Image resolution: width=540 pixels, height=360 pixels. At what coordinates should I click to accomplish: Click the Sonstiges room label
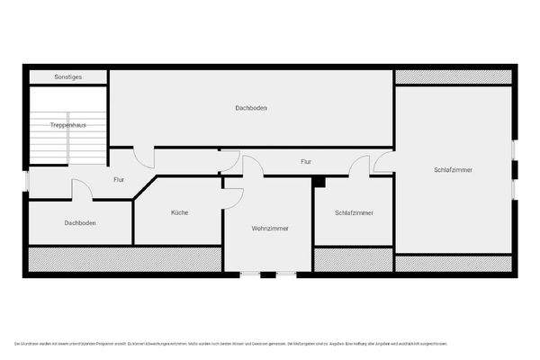click(x=67, y=77)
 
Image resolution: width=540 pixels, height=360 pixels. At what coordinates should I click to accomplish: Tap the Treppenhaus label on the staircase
click(x=67, y=124)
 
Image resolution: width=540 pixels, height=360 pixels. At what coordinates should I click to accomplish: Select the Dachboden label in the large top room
click(x=251, y=108)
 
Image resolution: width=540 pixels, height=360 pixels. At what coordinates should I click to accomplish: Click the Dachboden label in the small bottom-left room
click(x=80, y=222)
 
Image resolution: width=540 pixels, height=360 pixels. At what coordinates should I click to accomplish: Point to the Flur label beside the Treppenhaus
click(x=118, y=180)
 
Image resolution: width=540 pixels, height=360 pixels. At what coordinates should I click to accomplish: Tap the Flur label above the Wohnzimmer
click(x=306, y=162)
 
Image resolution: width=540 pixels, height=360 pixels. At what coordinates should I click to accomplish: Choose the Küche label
click(x=179, y=213)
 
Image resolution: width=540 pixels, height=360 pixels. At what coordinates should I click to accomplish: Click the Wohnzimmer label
click(x=270, y=229)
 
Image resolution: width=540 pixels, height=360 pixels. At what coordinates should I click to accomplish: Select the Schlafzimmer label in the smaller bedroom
click(x=354, y=213)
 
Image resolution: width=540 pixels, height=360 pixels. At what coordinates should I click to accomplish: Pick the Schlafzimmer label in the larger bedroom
click(x=453, y=169)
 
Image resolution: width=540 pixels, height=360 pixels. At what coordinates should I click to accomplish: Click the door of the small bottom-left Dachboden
click(x=82, y=190)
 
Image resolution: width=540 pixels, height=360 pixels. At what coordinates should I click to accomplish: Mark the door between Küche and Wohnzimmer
click(x=232, y=197)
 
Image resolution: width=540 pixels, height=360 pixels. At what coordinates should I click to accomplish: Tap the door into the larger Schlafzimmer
click(x=384, y=163)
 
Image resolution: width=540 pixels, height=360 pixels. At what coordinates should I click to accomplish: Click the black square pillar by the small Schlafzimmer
click(x=318, y=181)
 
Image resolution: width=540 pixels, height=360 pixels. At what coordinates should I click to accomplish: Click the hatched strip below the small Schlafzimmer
click(x=354, y=259)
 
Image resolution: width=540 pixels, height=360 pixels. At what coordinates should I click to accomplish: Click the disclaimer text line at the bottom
click(x=230, y=344)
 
